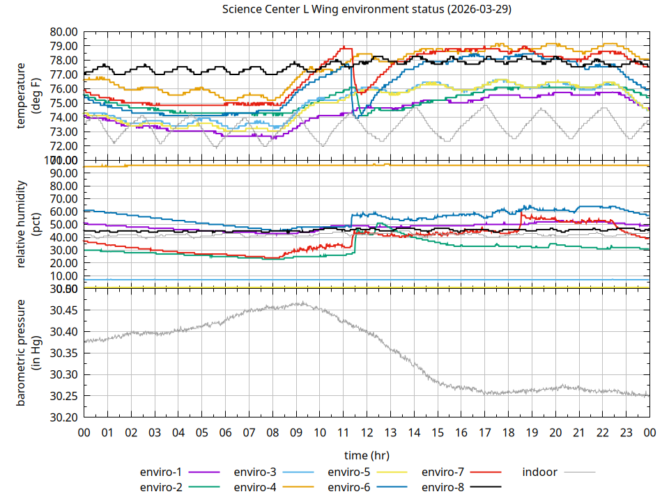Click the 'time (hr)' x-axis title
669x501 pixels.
pos(367,455)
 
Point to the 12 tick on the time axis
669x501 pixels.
pos(367,432)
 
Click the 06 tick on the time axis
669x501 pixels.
pos(225,432)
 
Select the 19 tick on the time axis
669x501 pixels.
pos(532,432)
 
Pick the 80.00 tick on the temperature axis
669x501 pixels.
pos(63,31)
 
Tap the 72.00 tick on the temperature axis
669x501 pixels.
pos(63,146)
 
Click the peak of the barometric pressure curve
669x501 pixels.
pos(302,303)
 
